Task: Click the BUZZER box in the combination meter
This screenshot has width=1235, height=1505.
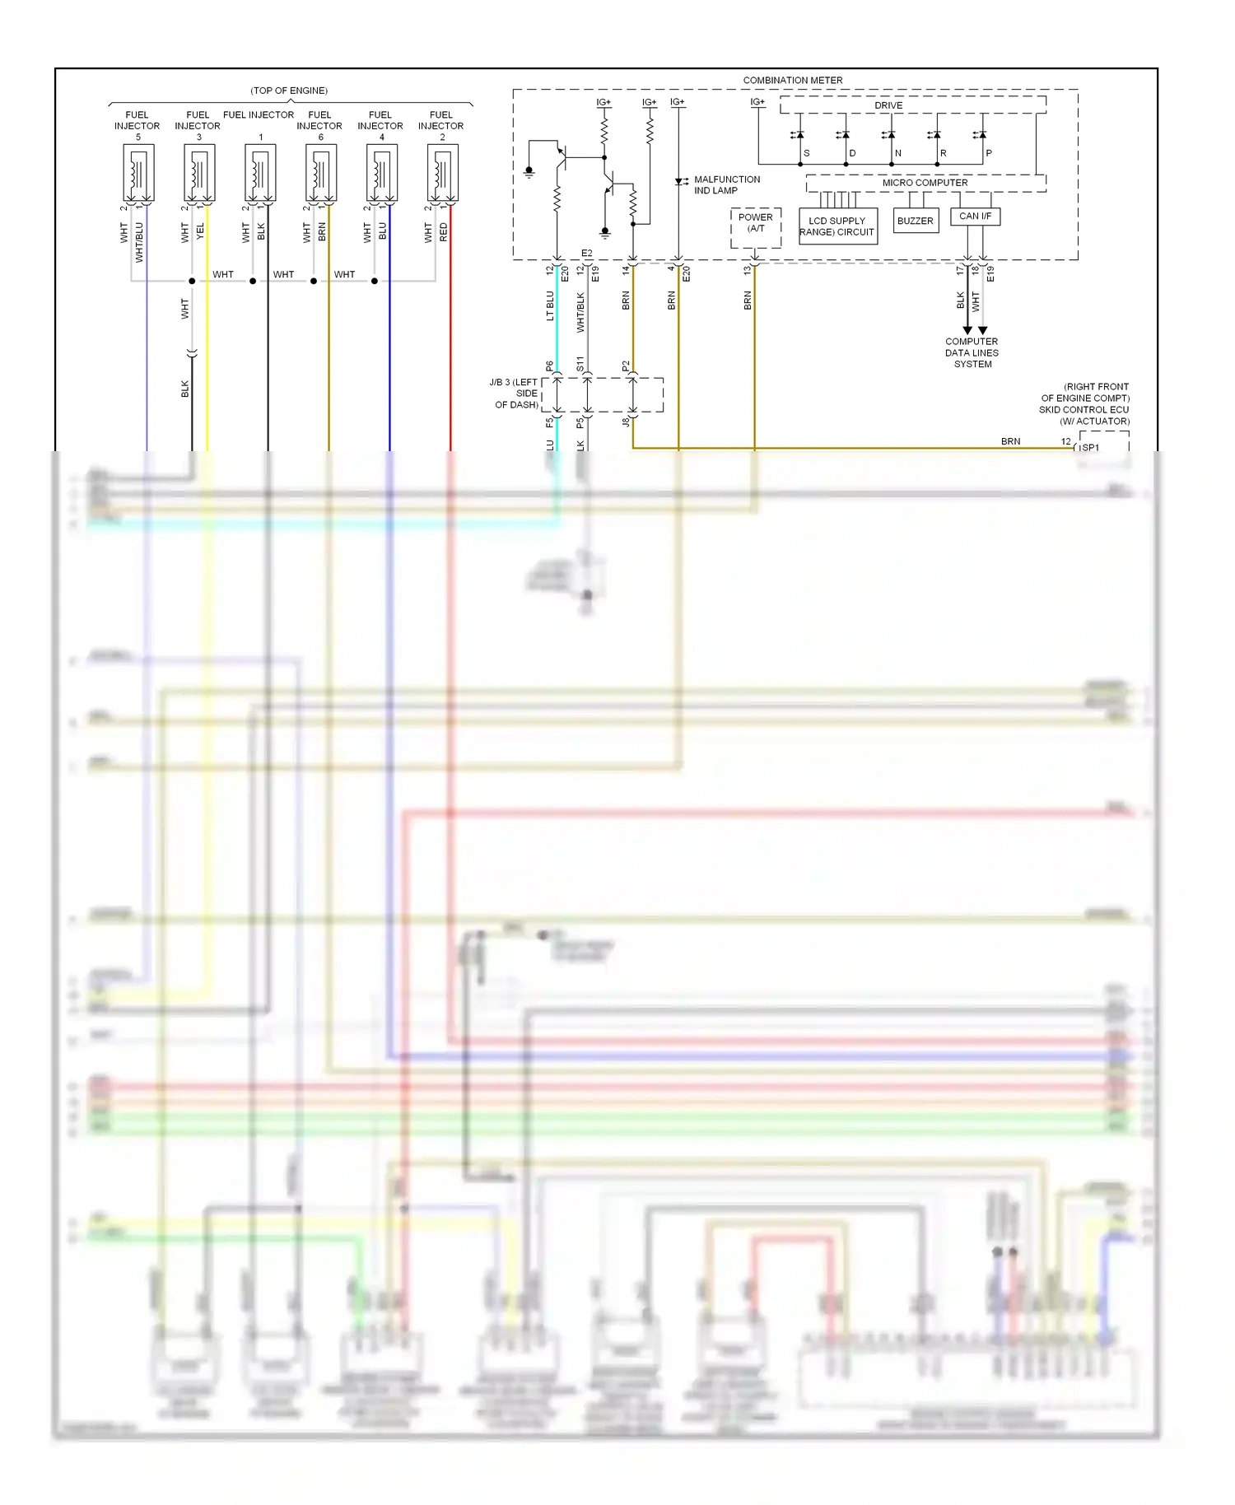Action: [x=915, y=221]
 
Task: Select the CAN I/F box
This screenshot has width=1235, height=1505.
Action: [x=975, y=217]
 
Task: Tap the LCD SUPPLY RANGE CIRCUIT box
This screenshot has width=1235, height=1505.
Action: [x=837, y=226]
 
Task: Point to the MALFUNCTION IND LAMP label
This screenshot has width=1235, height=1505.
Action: [x=726, y=184]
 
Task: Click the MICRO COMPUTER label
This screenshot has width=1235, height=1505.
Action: [x=925, y=183]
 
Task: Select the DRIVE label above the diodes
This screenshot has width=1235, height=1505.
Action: [x=888, y=105]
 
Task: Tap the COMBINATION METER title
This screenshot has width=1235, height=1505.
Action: [x=792, y=81]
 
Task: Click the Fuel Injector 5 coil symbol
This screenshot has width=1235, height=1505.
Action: [x=137, y=174]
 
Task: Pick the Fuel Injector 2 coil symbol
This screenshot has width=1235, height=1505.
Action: [x=442, y=174]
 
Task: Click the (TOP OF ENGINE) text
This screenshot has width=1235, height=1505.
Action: [x=289, y=91]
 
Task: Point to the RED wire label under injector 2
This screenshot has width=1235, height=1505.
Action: [x=444, y=232]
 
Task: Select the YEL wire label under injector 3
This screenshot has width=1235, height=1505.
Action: [x=200, y=232]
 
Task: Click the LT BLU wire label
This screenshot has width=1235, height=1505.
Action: [x=550, y=305]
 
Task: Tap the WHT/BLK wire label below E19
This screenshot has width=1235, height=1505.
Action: [x=580, y=312]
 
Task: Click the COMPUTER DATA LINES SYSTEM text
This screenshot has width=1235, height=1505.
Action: [x=972, y=352]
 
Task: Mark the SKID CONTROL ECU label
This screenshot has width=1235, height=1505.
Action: [x=1084, y=409]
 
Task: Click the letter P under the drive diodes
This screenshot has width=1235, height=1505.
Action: [x=989, y=153]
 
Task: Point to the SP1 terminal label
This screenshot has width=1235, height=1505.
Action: [x=1090, y=448]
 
